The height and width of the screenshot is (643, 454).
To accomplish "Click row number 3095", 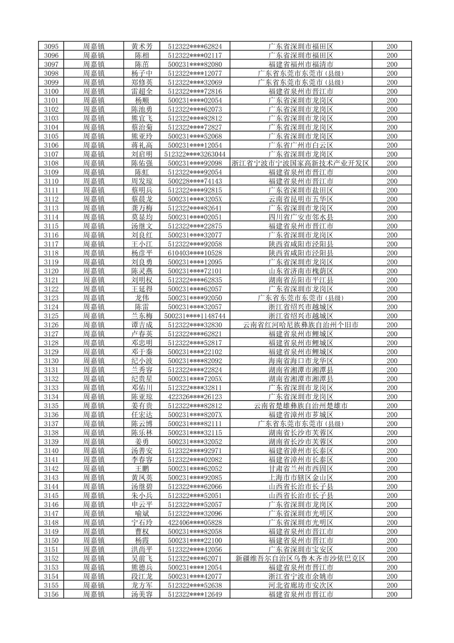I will pos(51,47).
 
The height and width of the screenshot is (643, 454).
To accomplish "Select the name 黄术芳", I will pos(142,47).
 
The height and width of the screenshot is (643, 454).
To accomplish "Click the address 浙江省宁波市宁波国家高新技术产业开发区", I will pos(301,163).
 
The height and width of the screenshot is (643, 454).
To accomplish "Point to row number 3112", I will pos(51,199).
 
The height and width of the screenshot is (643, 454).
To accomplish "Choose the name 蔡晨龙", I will pos(142,199).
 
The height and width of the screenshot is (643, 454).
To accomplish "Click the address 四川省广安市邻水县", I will pos(301,217).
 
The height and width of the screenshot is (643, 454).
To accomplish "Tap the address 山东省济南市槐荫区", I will pos(301,271).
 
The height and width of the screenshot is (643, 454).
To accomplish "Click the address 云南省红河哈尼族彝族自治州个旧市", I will pos(301,325).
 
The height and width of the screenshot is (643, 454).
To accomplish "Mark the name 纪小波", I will pos(142,361).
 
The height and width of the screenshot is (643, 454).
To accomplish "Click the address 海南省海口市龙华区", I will pos(301,361).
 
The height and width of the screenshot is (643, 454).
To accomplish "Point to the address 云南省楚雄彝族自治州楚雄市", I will pos(301,406).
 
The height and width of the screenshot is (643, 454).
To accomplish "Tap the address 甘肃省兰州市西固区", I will pos(301,469).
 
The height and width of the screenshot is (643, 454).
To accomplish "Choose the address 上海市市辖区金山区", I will pos(301,478).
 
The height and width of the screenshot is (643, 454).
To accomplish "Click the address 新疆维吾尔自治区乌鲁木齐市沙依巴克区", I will pos(301,558).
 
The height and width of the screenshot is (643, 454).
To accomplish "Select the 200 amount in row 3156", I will pos(392,594).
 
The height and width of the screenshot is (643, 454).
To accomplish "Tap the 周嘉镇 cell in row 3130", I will pos(93,361).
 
